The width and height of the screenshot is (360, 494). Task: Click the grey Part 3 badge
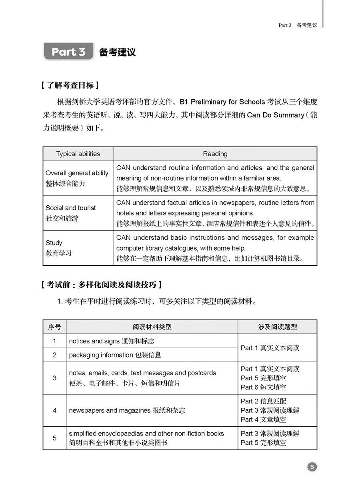68,52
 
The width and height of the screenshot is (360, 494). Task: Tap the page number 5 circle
312,467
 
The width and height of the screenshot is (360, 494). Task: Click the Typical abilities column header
78,154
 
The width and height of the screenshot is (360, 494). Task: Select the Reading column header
215,154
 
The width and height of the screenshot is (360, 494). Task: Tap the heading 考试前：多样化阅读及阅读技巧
103,285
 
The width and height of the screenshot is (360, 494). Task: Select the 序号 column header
54,327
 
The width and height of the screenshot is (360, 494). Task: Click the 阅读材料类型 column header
152,327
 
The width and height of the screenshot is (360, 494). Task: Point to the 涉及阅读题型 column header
277,327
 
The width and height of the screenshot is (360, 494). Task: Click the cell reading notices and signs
112,341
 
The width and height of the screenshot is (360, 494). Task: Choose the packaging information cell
115,355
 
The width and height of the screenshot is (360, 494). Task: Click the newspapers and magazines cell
127,410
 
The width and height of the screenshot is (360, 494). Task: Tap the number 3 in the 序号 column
54,378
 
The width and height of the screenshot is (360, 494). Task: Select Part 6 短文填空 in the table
263,387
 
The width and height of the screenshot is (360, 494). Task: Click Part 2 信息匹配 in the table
263,401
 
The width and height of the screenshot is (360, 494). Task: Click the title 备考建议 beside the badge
117,52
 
